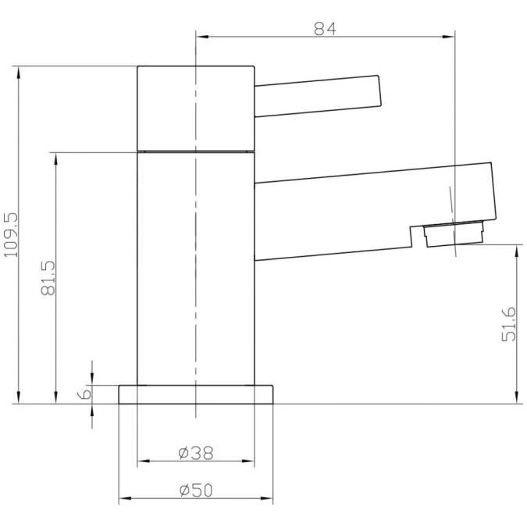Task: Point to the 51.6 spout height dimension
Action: [x=509, y=323]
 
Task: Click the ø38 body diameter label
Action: [x=196, y=452]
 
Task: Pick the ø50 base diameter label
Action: [x=196, y=490]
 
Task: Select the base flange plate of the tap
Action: [x=196, y=394]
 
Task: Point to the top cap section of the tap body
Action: [x=196, y=107]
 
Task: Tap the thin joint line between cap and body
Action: [x=196, y=149]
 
